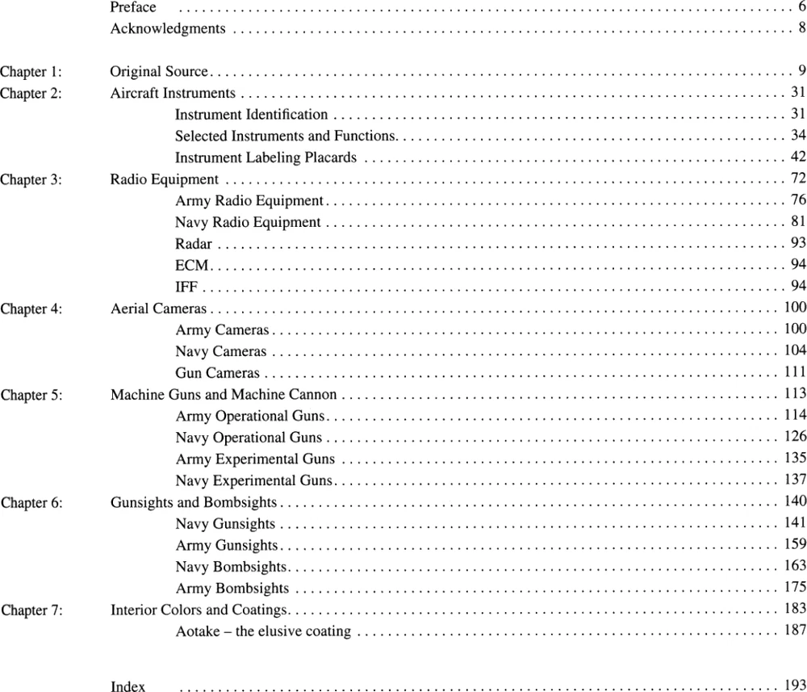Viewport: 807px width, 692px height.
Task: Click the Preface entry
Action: [x=133, y=7]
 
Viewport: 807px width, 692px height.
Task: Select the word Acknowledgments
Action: [x=168, y=29]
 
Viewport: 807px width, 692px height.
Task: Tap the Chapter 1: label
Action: [x=31, y=73]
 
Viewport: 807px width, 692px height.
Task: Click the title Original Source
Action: [x=159, y=72]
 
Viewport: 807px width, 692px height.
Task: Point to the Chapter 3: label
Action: [x=31, y=180]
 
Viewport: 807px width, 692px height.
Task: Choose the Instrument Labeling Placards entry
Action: [x=266, y=157]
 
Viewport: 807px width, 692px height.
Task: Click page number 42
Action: [x=798, y=157]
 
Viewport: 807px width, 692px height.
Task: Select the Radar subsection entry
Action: [x=194, y=244]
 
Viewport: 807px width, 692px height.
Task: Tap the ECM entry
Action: [x=192, y=265]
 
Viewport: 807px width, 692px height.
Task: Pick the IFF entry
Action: [x=186, y=287]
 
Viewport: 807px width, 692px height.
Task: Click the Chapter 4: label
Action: [x=31, y=308]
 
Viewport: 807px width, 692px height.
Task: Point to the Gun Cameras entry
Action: [x=218, y=373]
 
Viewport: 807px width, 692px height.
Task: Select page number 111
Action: [x=795, y=373]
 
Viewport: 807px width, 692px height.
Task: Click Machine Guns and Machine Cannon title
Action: [x=224, y=395]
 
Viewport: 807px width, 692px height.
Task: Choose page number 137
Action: [x=795, y=481]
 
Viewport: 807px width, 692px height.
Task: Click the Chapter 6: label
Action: [x=31, y=503]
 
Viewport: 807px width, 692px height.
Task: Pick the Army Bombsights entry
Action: [x=232, y=589]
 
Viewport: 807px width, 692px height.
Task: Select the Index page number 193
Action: [x=795, y=686]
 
